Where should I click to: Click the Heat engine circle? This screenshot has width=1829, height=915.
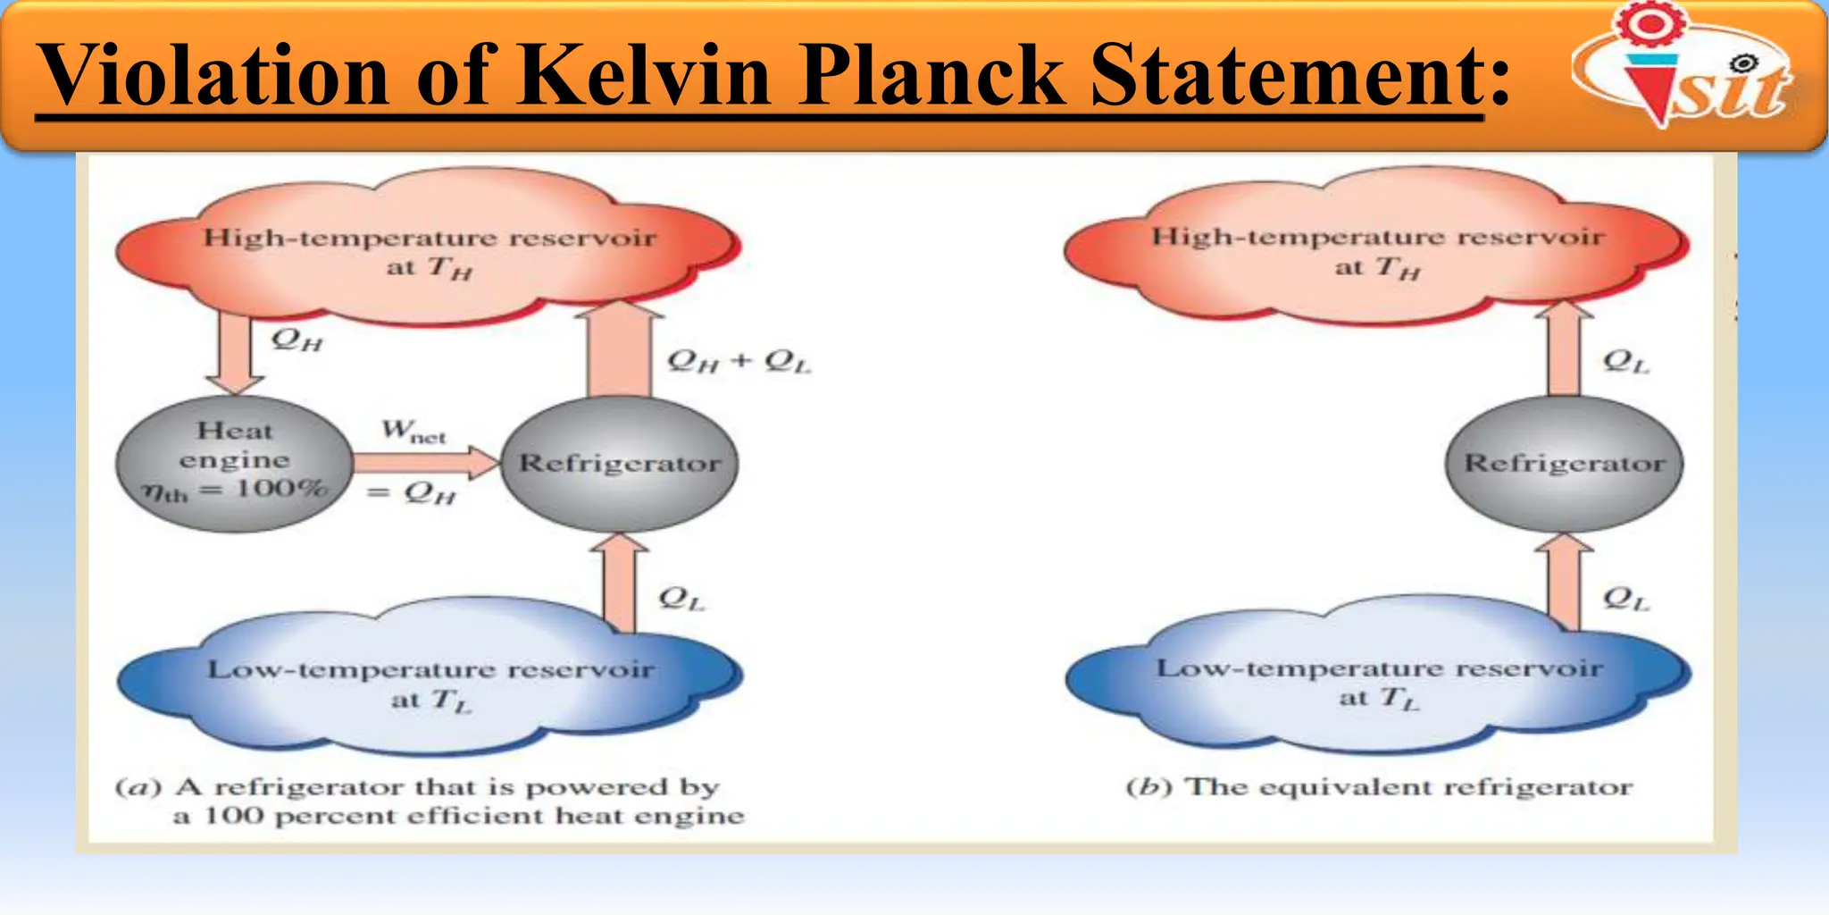coord(234,463)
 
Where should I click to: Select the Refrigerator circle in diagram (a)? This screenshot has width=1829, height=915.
coord(620,463)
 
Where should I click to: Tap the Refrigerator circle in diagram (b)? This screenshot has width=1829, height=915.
coord(1564,463)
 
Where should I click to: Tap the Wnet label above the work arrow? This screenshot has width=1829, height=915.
coord(413,432)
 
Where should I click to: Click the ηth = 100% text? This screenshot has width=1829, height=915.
coord(234,491)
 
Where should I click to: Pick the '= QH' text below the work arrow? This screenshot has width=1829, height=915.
coord(412,492)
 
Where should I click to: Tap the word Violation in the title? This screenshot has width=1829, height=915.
coord(214,75)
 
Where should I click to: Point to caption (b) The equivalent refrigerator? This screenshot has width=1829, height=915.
coord(1380,787)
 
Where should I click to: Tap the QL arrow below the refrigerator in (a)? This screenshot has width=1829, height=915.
coord(619,583)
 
